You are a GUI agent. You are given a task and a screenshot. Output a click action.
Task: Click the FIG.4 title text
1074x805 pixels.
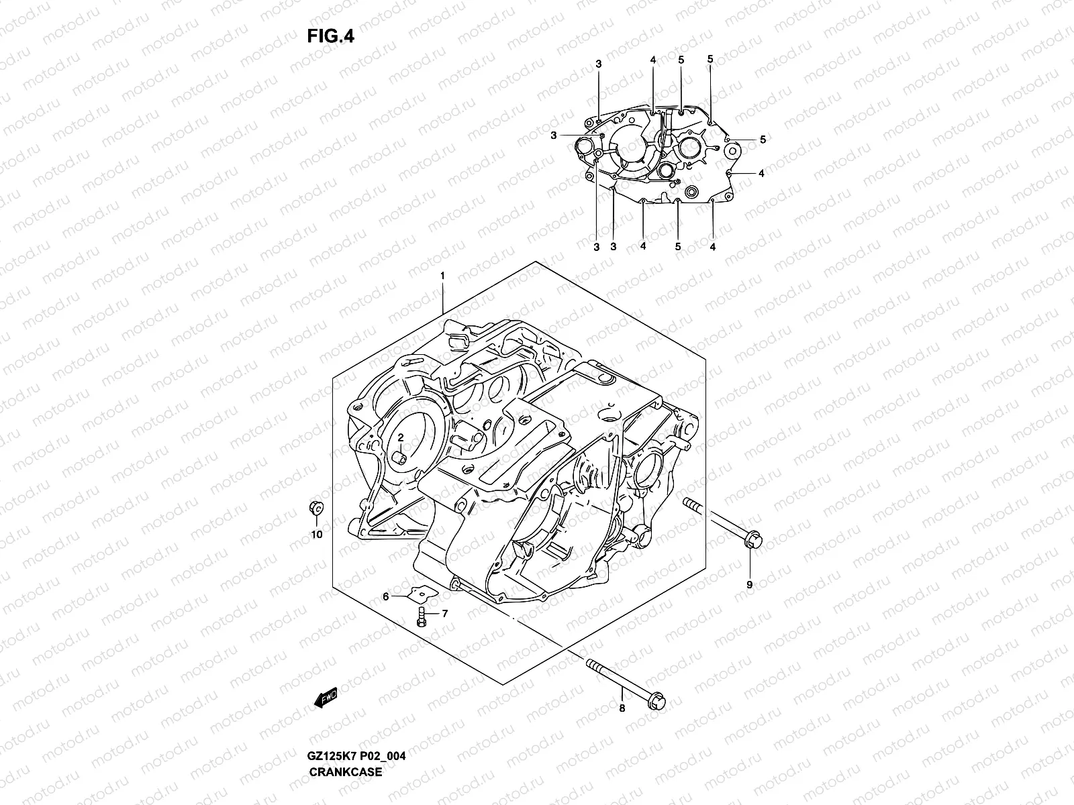point(330,36)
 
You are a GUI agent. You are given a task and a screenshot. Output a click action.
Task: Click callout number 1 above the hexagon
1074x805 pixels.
point(442,276)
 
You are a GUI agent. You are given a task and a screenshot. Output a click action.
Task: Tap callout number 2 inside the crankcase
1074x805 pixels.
point(400,437)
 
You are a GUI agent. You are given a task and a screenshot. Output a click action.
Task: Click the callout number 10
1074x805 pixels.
point(317,534)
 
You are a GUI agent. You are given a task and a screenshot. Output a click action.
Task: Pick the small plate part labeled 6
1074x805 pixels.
point(422,593)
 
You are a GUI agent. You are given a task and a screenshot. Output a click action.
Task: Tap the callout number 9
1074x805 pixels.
point(749,584)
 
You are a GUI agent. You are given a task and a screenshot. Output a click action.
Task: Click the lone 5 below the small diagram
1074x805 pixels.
point(678,247)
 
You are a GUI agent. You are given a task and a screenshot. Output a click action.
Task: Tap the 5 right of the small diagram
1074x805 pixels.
point(763,140)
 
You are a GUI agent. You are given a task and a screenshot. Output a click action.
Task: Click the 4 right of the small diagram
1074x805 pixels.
point(761,173)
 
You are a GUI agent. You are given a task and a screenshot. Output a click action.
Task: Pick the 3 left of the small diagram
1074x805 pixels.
point(554,136)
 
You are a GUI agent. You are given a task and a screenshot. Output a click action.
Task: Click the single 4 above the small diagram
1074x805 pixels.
point(652,60)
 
